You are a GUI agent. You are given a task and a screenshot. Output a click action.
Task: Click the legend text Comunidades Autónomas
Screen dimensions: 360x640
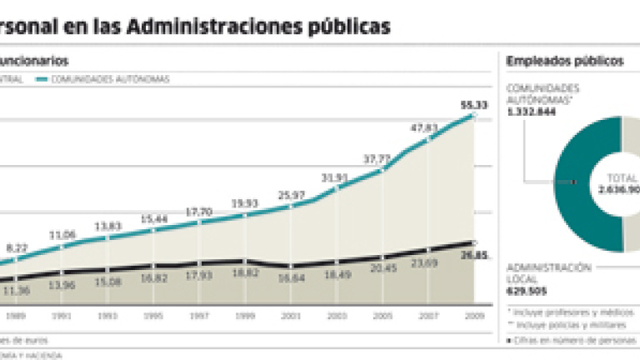coord(110,79)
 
